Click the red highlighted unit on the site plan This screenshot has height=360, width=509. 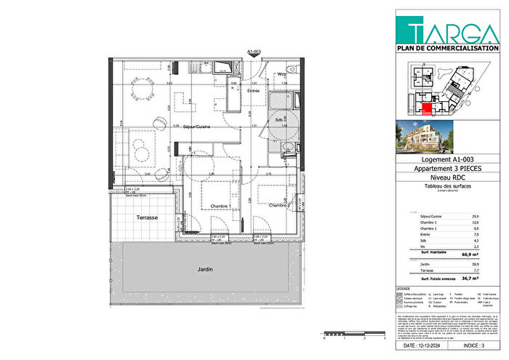coord(427,109)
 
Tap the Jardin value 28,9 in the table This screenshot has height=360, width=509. coord(475,264)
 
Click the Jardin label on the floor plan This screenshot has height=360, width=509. coord(206,269)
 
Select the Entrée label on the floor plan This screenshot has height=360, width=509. coord(252,90)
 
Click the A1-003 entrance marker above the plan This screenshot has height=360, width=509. coord(254,52)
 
